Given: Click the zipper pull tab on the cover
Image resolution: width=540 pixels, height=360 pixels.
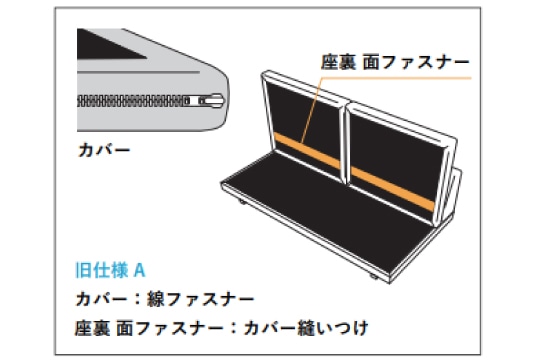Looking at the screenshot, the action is [212, 101].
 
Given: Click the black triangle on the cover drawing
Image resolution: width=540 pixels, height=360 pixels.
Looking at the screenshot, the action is [107, 44].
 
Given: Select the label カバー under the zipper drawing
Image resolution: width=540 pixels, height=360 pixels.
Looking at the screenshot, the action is [104, 151].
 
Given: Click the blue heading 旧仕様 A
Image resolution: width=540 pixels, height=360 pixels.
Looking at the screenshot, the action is [110, 270].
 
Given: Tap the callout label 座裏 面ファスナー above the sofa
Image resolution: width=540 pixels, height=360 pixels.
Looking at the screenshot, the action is [395, 62].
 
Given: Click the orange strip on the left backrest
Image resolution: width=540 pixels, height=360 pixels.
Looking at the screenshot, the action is [307, 151].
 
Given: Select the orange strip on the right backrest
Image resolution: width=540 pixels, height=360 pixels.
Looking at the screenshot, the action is [392, 188].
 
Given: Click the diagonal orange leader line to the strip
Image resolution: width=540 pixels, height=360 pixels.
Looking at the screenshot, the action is [312, 110].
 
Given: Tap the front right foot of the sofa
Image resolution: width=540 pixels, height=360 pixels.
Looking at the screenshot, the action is [373, 276].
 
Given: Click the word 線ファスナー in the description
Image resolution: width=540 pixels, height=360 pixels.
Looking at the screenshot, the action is [200, 299].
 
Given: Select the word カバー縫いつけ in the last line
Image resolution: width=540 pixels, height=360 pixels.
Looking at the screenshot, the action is [306, 328].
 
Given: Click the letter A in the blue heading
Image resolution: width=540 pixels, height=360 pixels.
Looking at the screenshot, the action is [139, 270].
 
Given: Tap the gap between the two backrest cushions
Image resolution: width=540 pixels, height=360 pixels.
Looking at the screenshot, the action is [346, 145].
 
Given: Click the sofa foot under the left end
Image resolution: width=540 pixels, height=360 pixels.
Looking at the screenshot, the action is [242, 202].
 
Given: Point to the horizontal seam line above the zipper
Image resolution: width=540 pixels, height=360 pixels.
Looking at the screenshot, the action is [138, 72].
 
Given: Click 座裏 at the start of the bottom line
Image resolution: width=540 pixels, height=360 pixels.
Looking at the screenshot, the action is [92, 328].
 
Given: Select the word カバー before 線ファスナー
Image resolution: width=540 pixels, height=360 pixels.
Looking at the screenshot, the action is [101, 299].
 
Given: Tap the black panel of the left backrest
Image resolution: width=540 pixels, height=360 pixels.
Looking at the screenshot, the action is [303, 117].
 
